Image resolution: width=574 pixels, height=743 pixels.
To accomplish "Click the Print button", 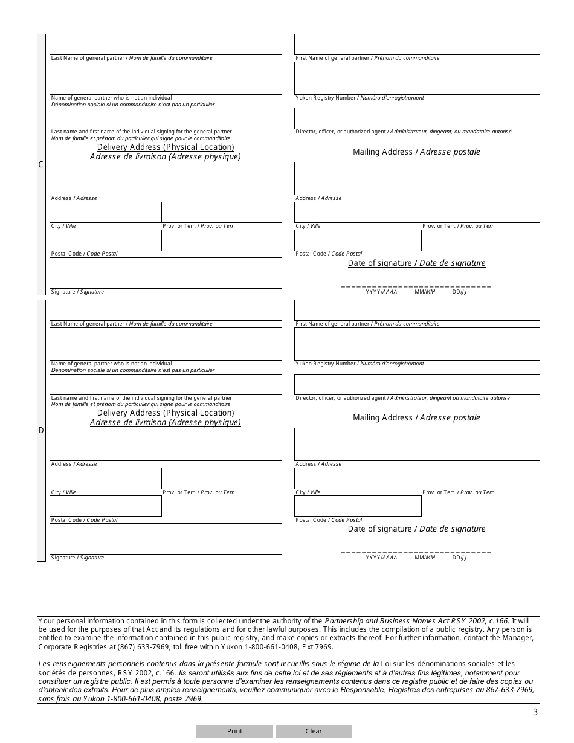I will click(234, 731).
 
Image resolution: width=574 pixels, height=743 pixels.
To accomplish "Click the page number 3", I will click(535, 712).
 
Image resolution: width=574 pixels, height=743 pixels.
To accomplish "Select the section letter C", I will click(41, 165).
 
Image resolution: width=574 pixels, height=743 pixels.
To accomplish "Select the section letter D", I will click(41, 430).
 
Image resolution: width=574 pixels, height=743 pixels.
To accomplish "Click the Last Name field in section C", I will click(166, 44).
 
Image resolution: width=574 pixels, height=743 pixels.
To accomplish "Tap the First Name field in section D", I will click(417, 310).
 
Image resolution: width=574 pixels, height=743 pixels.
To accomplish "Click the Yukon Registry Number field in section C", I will click(417, 78).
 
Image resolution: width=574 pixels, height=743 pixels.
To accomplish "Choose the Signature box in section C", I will click(166, 273).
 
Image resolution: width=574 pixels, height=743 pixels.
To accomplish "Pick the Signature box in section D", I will click(166, 538).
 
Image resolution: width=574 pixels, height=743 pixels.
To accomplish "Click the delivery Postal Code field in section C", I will click(106, 240).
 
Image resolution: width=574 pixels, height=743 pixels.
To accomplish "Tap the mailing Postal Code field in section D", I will click(358, 506).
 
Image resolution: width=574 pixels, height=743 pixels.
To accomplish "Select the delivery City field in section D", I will click(106, 478).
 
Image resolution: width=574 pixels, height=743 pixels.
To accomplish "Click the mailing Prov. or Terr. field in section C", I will click(480, 212).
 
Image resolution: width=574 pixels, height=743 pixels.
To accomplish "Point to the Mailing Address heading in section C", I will click(416, 152).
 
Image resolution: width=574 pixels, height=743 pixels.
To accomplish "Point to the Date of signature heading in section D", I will click(416, 529).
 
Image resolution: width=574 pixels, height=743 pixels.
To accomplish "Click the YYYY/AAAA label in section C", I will click(381, 292).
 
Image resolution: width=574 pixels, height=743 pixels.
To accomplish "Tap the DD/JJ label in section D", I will click(459, 558).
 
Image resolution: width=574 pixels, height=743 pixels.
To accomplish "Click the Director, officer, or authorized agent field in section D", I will click(417, 384).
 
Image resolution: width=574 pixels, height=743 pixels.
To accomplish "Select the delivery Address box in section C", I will click(166, 178).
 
